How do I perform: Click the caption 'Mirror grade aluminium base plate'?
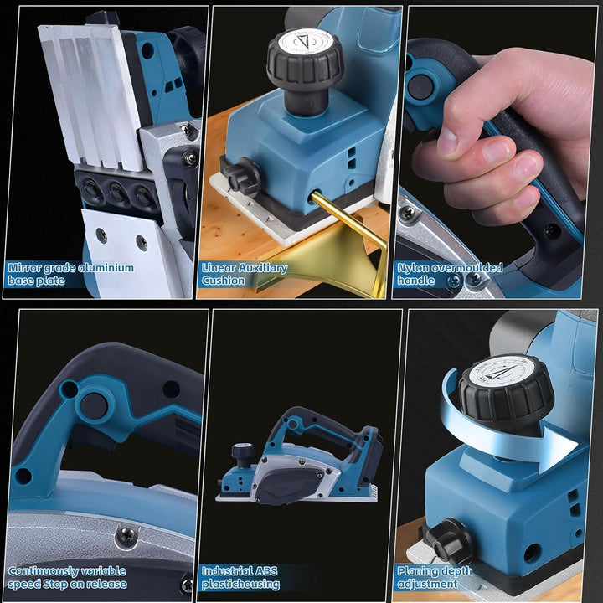(x=70, y=274)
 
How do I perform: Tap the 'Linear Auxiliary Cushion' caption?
(x=244, y=274)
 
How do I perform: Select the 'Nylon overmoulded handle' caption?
(x=450, y=274)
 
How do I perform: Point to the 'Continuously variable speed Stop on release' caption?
(x=68, y=577)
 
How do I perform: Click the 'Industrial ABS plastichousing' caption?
(x=240, y=577)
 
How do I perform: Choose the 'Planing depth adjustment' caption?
(x=435, y=577)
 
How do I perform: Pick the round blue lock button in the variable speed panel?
(x=93, y=405)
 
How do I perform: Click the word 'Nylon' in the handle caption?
(x=414, y=268)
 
